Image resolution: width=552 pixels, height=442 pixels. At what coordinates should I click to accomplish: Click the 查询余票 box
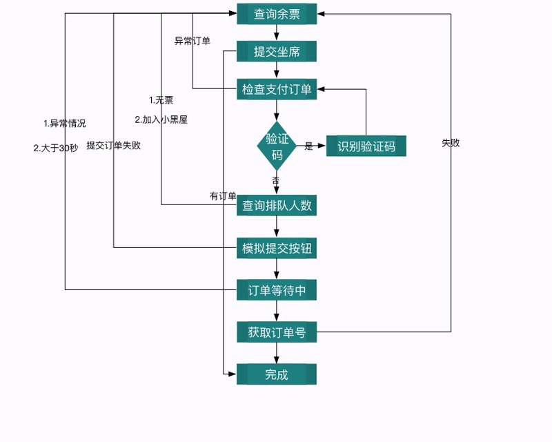coord(277,14)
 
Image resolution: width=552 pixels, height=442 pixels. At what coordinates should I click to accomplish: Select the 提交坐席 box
coord(277,52)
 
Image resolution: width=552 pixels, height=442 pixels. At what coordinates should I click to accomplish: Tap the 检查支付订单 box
coord(277,89)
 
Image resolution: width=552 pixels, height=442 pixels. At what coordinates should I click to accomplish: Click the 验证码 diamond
coord(277,146)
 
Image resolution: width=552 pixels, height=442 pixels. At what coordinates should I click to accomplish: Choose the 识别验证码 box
coord(366,146)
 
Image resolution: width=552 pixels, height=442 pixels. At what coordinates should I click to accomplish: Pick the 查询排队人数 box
coord(277,205)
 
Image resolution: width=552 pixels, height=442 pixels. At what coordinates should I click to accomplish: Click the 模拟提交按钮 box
coord(277,248)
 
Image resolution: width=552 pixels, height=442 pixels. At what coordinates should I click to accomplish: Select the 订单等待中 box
coord(277,291)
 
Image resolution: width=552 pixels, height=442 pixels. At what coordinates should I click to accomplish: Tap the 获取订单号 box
coord(277,333)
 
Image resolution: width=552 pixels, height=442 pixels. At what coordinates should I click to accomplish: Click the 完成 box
coord(277,374)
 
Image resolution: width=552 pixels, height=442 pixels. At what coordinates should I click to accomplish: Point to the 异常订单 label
coord(193,41)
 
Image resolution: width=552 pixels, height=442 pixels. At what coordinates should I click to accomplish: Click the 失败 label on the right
coord(451,143)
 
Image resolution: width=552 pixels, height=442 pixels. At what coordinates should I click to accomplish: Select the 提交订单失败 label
coord(114,146)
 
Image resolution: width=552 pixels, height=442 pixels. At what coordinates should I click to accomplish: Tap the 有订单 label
coord(223,196)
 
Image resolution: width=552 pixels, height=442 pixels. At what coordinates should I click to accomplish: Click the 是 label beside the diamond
coord(308,146)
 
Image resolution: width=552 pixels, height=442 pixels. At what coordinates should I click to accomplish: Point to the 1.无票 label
coord(161,100)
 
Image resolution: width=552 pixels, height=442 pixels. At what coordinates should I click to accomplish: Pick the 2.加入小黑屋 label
coord(161,119)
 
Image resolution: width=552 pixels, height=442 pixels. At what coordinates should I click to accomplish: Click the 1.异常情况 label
coord(65,124)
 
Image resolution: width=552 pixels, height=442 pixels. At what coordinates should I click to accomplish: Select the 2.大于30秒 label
coord(56,147)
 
